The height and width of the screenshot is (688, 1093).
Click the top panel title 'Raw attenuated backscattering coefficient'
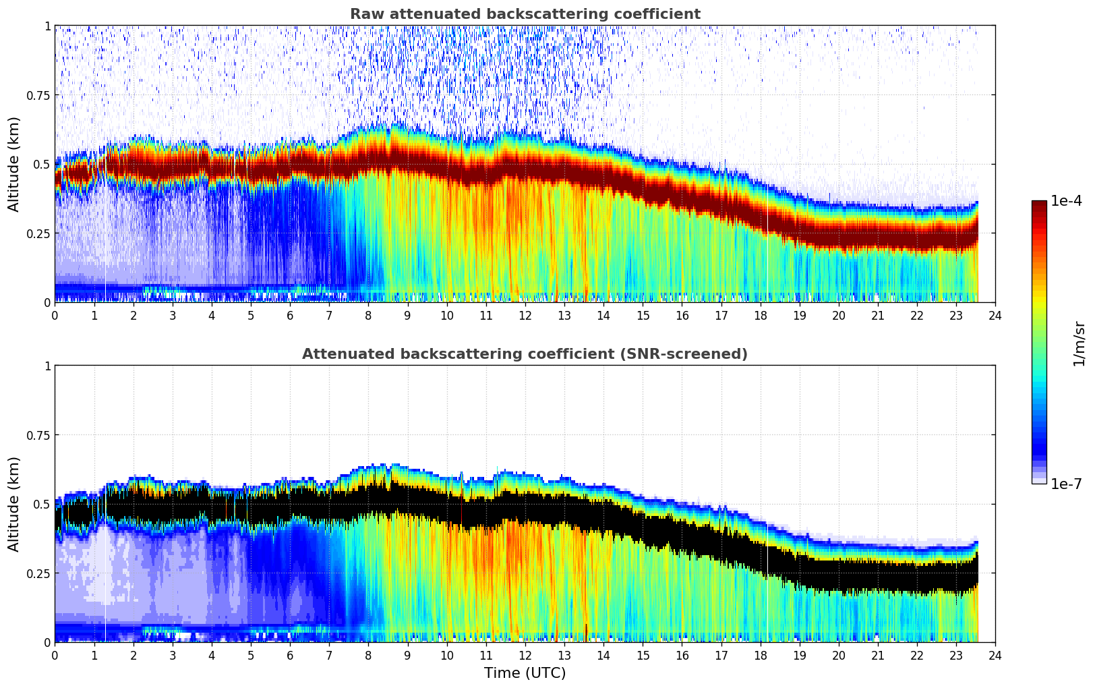525,14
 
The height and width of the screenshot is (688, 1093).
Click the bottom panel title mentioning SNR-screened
525,354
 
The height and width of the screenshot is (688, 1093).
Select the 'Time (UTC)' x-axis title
525,673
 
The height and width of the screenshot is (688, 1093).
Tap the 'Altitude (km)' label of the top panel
14,164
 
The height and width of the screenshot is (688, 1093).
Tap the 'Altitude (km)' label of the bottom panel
14,504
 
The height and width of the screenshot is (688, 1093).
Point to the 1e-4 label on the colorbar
1066,201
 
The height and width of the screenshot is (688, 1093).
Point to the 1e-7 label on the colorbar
1066,484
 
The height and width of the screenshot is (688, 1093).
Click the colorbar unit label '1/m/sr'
1079,343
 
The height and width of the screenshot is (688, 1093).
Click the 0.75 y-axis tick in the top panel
38,95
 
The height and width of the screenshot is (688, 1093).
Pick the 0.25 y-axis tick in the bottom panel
38,573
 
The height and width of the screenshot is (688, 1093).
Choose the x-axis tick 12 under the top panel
525,315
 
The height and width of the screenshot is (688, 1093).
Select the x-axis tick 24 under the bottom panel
995,655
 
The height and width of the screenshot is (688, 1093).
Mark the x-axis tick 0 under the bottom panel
55,655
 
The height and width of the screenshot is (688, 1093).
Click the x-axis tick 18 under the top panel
760,315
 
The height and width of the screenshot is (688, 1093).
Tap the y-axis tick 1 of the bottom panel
47,366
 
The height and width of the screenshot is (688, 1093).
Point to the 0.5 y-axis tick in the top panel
42,164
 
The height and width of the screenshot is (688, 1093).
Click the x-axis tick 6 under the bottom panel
290,655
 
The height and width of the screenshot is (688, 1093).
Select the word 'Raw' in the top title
364,14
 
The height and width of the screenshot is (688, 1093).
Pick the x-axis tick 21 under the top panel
878,315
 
